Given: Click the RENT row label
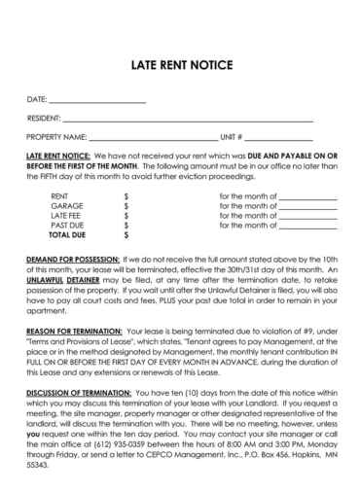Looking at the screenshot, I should [x=58, y=196].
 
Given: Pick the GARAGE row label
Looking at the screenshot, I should [x=65, y=206].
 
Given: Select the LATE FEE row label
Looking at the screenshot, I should [x=65, y=216].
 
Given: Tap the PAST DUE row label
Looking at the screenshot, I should [x=65, y=226].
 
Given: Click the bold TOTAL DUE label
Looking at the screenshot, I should [x=67, y=235].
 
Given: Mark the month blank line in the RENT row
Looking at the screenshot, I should [x=307, y=197].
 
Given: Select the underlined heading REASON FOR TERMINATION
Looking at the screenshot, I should [x=74, y=332].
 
